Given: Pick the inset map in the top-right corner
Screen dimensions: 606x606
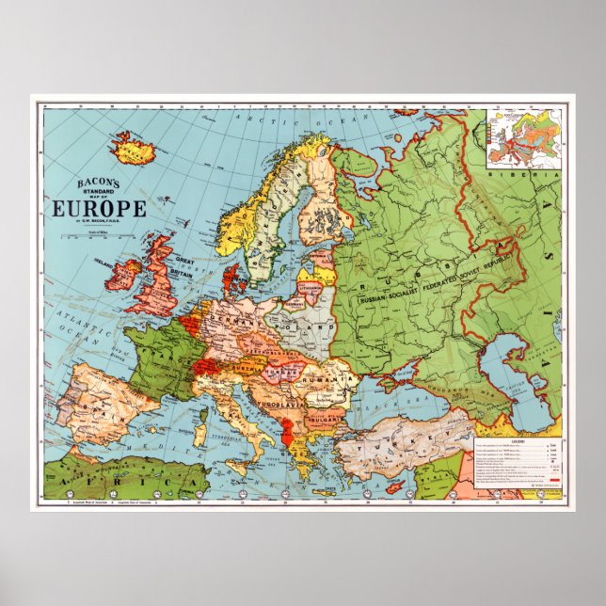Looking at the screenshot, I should pos(525,137).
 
